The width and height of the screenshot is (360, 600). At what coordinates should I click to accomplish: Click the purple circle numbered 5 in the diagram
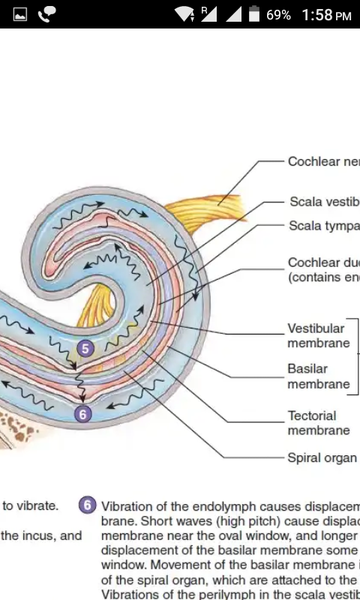pos(85,349)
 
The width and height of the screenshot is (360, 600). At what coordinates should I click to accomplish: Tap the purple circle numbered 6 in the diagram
pos(83,413)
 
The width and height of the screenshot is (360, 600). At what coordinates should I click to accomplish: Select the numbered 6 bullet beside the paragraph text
pos(87,506)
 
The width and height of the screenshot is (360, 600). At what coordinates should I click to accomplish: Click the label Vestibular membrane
pos(317,335)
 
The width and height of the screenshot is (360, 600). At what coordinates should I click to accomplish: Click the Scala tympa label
pos(323,225)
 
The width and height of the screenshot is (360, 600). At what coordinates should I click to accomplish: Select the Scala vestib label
pos(323,200)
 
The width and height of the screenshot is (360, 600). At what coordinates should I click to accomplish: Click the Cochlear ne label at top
pos(323,161)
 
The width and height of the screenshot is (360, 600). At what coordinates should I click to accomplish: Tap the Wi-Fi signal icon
pos(184,15)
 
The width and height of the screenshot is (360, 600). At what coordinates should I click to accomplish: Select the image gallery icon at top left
pos(18,15)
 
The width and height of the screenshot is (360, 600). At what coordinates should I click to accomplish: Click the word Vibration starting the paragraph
pos(130,506)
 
